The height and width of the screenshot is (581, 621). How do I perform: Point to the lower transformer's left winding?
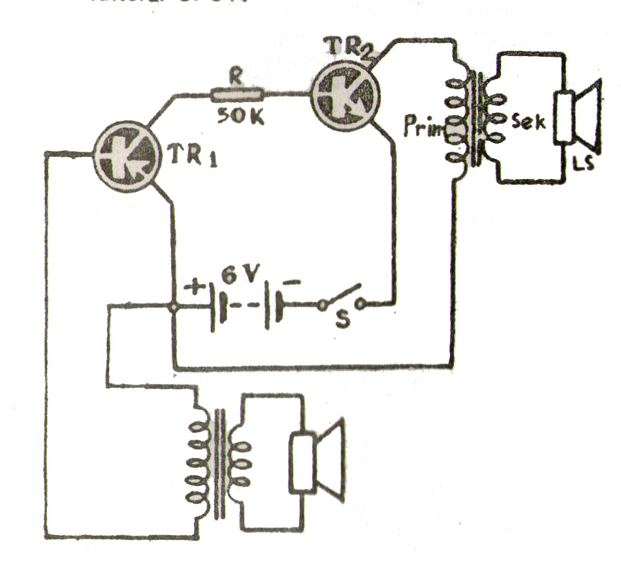coord(197,462)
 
